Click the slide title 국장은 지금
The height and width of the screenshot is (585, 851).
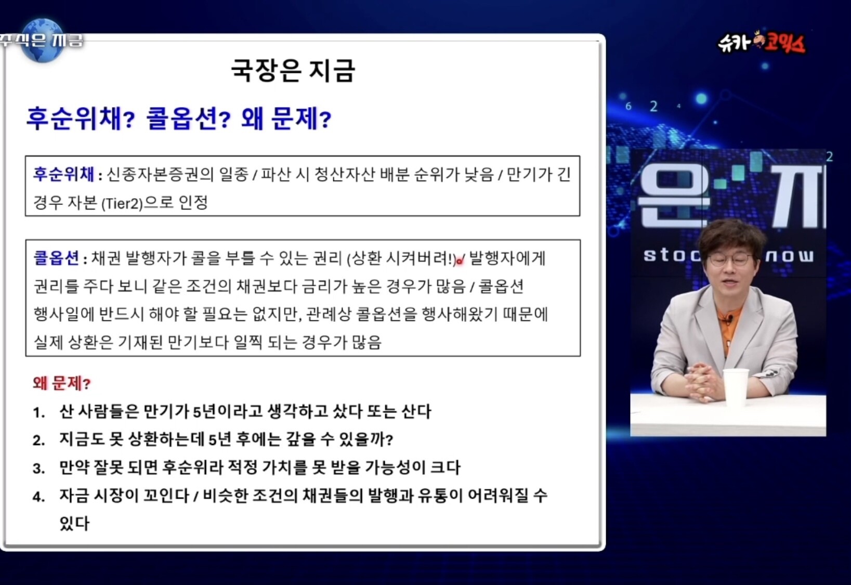coord(293,71)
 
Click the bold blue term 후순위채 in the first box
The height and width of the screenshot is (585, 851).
coord(63,175)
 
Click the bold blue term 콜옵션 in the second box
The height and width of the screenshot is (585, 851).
coord(56,258)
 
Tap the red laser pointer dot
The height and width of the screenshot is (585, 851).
coord(460,261)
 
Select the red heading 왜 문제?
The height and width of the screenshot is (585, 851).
coord(62,383)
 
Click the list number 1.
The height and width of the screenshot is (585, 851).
coord(39,412)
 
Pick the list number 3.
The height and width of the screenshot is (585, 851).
coord(39,469)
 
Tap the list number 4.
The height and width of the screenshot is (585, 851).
coord(39,497)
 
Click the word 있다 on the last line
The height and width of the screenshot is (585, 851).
coord(74,524)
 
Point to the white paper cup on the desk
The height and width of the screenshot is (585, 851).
coord(736,388)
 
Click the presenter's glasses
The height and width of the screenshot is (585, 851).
coord(730,259)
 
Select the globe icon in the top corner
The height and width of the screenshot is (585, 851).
coord(43,40)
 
